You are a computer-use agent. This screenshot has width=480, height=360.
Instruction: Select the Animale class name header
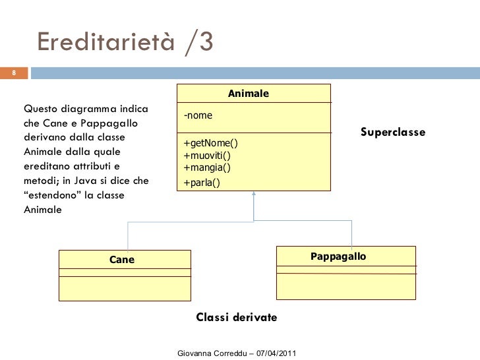tap(248, 94)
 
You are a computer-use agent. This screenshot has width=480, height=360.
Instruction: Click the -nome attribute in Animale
tap(198, 116)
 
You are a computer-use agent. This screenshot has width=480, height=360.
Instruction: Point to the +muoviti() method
tap(207, 156)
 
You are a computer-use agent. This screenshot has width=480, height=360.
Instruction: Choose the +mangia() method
tap(206, 167)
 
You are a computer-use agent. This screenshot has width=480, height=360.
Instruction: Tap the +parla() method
tap(202, 183)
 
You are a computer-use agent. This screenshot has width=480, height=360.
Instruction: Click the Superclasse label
tap(393, 133)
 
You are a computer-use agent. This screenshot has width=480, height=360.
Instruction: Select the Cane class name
tap(121, 260)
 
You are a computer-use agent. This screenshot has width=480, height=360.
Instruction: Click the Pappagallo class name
tap(338, 256)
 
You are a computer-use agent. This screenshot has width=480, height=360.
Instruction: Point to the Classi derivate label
tap(237, 318)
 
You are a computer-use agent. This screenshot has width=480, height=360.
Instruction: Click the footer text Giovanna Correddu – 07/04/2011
tap(237, 354)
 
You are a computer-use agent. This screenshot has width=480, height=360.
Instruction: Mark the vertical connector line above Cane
tap(128, 235)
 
